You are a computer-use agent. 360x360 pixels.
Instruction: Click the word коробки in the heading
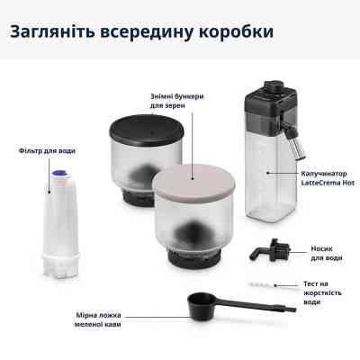click(x=232, y=32)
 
